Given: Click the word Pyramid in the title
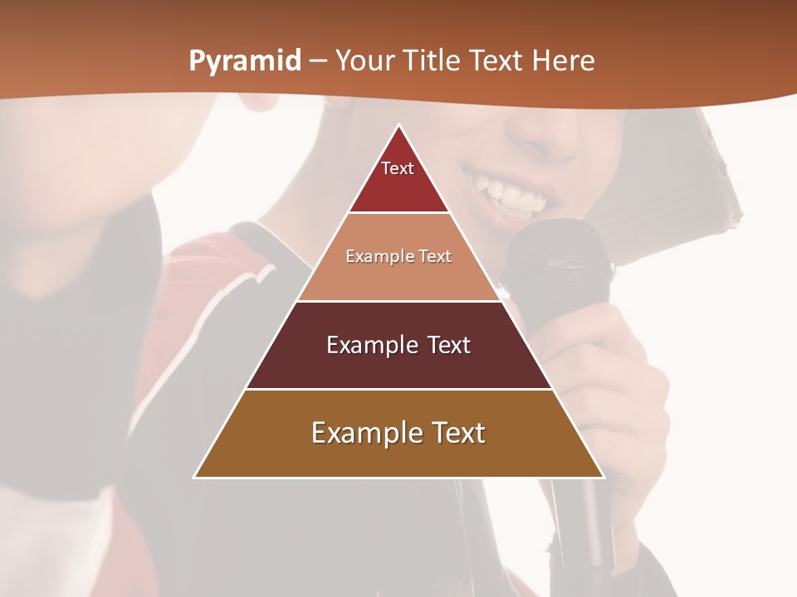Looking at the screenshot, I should click(x=244, y=61).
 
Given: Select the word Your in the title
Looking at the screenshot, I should click(x=364, y=61).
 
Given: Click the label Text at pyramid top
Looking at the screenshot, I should click(x=398, y=168).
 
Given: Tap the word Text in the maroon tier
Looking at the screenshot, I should click(x=449, y=345).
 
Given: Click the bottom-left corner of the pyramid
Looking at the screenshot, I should click(x=195, y=477).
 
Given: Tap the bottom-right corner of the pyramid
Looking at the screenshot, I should click(x=603, y=477).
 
